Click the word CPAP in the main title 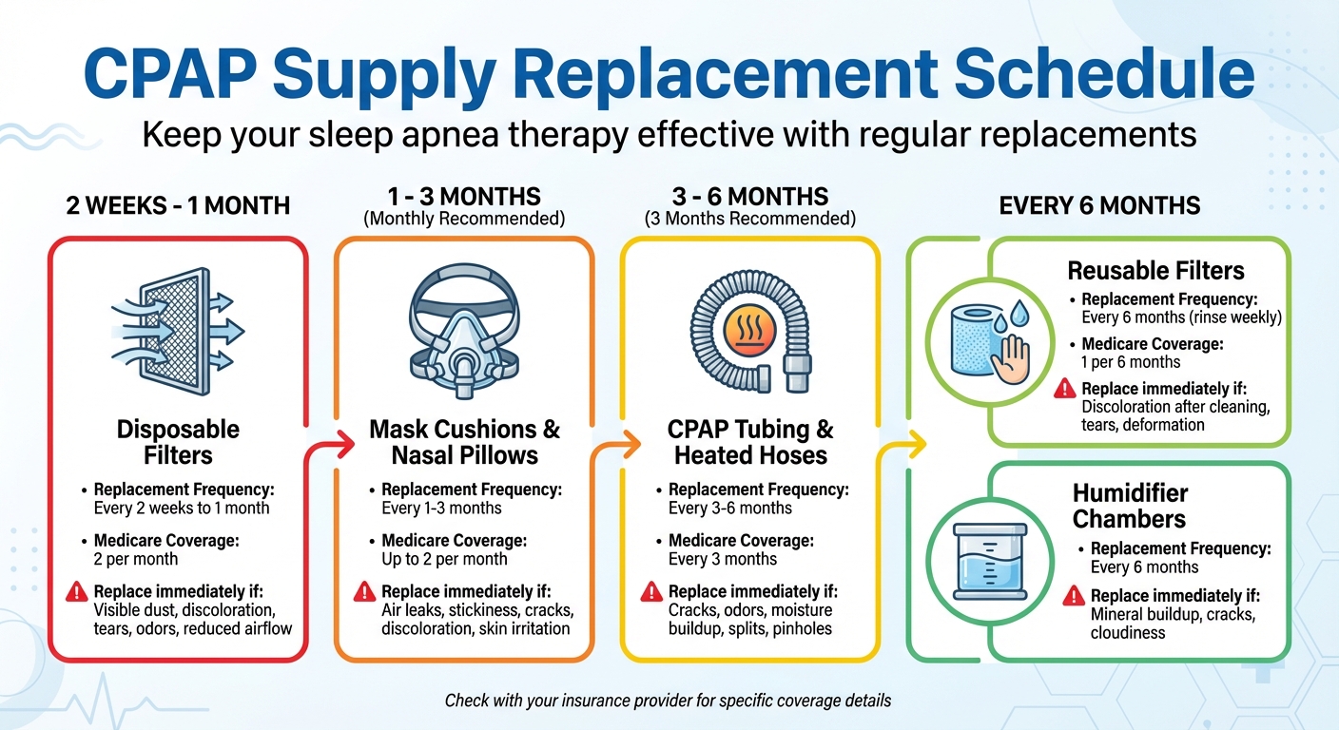click(170, 74)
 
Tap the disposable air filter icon click(178, 331)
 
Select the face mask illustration click(464, 331)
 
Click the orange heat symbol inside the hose click(749, 331)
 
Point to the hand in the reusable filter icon click(1010, 359)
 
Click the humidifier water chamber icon click(990, 562)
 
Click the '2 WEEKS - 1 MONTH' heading click(178, 205)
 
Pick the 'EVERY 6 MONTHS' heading click(1099, 205)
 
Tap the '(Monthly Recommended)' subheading click(464, 219)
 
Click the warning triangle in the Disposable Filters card click(76, 592)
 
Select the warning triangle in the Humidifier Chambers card click(1074, 596)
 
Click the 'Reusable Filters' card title click(1156, 271)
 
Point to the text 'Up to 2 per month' click(444, 559)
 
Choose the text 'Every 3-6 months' click(729, 509)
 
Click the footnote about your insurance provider click(669, 701)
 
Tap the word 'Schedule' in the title click(1104, 74)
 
